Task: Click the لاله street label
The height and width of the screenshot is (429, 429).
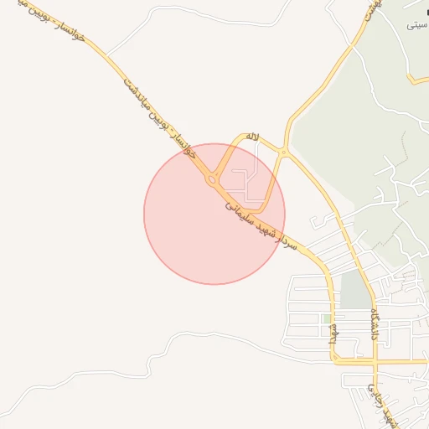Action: (x=252, y=137)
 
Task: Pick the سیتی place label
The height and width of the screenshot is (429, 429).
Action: (x=416, y=26)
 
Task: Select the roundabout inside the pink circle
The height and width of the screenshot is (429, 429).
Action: (x=211, y=178)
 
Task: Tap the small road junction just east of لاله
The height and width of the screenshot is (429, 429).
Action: (x=284, y=152)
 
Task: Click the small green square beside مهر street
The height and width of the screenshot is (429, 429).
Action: (x=325, y=318)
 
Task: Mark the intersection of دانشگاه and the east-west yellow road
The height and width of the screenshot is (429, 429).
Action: (x=376, y=362)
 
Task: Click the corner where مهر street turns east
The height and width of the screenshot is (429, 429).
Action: (x=333, y=361)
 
